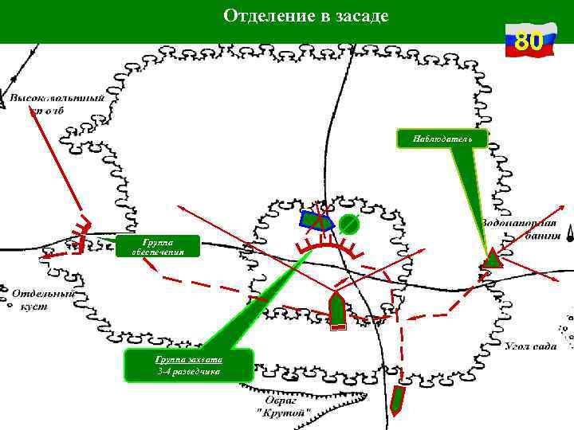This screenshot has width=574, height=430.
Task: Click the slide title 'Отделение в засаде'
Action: pyautogui.click(x=306, y=16)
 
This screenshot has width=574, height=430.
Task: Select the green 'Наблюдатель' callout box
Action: pyautogui.click(x=442, y=140)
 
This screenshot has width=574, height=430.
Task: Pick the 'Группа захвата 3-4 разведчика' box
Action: pyautogui.click(x=189, y=365)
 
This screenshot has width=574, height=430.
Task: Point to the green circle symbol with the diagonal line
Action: pyautogui.click(x=347, y=225)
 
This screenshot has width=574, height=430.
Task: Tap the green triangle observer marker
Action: pyautogui.click(x=493, y=258)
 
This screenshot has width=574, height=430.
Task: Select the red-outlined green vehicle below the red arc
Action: pyautogui.click(x=336, y=310)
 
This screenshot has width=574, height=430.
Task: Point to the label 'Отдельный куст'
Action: pyautogui.click(x=40, y=299)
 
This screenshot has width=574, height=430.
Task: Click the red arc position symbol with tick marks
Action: pyautogui.click(x=327, y=244)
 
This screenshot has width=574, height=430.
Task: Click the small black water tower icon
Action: pyautogui.click(x=571, y=234)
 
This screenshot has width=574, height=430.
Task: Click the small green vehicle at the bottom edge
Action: pyautogui.click(x=398, y=400)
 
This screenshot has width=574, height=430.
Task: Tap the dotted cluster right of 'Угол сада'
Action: pyautogui.click(x=568, y=331)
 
